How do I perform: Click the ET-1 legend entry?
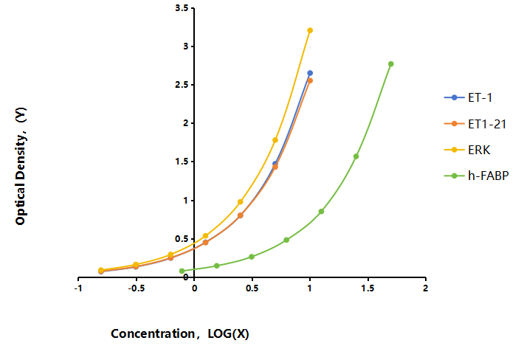point(468,97)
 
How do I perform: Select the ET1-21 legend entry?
point(475,124)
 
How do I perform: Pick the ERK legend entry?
point(467,150)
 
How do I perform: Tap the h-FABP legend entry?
point(476,176)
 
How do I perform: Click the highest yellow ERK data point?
point(310,30)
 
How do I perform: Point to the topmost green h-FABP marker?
point(391,64)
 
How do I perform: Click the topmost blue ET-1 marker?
point(310,73)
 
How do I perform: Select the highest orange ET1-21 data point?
point(310,80)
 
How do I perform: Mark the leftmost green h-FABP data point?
point(182,271)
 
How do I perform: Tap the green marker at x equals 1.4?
point(356,156)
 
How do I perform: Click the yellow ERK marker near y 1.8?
point(275,140)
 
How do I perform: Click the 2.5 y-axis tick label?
point(182,85)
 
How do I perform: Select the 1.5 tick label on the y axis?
point(182,162)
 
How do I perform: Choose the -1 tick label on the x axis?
point(78,288)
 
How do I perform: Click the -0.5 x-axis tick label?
point(137,288)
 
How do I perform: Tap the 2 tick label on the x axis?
point(426,288)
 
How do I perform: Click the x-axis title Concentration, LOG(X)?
point(180,333)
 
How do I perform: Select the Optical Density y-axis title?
point(21,166)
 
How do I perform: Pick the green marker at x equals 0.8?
point(286,240)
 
